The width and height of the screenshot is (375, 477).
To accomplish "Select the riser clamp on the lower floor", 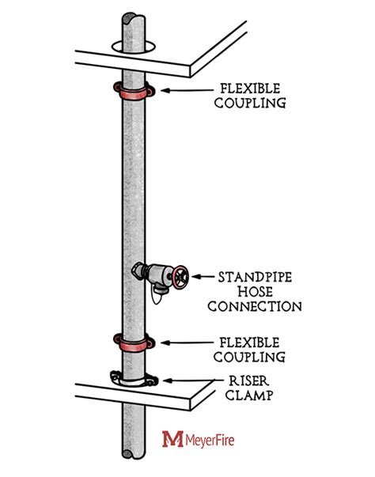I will click(131, 380).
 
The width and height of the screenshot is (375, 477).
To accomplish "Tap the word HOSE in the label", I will click(252, 291).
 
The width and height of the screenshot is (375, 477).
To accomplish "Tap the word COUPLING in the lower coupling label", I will click(251, 356).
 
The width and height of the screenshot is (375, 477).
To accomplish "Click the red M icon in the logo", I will click(170, 437).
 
